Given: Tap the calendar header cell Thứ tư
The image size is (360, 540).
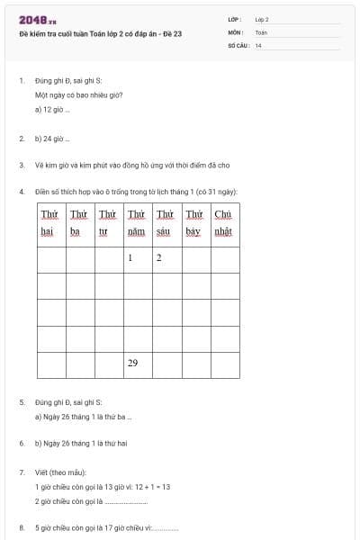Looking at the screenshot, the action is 108,222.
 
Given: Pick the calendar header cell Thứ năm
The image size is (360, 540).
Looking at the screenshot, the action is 137,222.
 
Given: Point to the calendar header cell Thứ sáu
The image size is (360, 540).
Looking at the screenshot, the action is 166,222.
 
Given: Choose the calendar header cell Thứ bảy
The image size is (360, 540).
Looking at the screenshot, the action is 194,222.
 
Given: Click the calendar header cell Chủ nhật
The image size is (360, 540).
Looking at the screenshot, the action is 224,222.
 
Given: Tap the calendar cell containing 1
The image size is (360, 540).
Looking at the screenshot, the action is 137,259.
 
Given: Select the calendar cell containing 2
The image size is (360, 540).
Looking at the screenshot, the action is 166,259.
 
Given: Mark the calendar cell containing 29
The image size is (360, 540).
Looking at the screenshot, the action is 137,364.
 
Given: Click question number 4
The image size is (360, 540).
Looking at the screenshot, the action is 22,191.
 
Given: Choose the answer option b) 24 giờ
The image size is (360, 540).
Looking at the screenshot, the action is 52,139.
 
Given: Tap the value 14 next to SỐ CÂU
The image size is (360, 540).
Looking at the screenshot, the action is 258,44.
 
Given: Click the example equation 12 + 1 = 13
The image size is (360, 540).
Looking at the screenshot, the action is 152,486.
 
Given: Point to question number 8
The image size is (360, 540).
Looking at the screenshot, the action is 22,528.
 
